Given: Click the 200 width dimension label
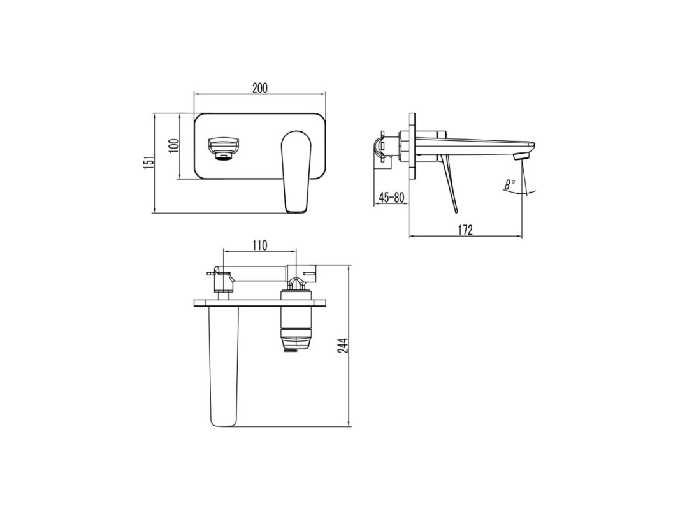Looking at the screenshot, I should coord(259,88).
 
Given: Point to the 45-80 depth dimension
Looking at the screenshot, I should coord(391,197).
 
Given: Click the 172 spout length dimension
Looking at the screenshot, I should coord(465,230).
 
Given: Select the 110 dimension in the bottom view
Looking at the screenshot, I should coord(259,245).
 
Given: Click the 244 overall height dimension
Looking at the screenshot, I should coord(344,345).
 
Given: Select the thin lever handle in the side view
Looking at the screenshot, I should coord(451,185).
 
